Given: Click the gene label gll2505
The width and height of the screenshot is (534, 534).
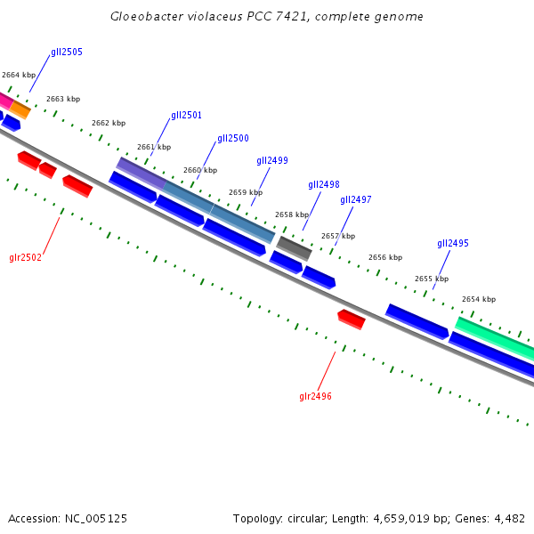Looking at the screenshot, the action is point(67,53).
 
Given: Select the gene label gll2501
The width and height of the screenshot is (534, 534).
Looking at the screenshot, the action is point(187,116).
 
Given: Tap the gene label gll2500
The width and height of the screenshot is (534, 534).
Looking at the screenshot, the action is point(233,139).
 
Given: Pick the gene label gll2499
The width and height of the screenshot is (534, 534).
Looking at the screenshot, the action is point(272,161).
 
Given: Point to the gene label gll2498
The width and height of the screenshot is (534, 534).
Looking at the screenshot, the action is point(324,185).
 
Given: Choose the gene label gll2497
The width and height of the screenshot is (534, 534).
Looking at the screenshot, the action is point(356,200).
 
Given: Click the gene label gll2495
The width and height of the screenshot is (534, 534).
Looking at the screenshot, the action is point(453,244).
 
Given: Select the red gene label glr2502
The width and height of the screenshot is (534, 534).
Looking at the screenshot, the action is point(26,258).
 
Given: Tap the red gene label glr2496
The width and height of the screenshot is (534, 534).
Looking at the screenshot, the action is point(315,396).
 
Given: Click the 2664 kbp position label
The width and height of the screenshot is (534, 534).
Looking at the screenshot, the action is point(19,76).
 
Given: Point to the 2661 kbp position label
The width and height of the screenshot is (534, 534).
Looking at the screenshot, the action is point(154,147).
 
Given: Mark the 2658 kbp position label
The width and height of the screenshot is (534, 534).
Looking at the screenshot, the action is point(292,214).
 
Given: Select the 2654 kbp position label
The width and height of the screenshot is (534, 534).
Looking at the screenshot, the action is point(479,300).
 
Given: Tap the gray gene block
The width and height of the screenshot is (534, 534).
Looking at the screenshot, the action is point(294,248).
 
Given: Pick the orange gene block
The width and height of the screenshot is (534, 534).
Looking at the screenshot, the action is point(20,109).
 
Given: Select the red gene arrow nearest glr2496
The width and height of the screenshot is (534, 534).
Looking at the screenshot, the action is point(352,319).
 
